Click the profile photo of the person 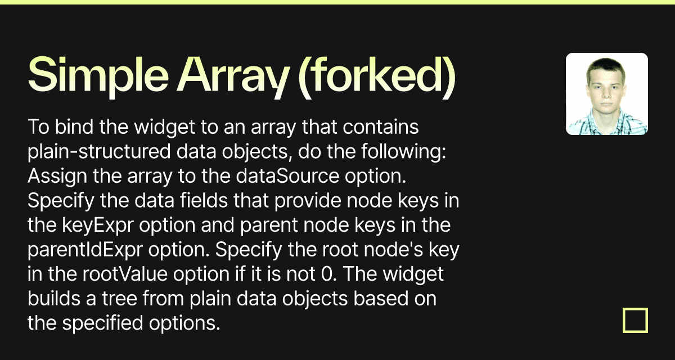point(606,94)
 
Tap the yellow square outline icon point(635,320)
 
